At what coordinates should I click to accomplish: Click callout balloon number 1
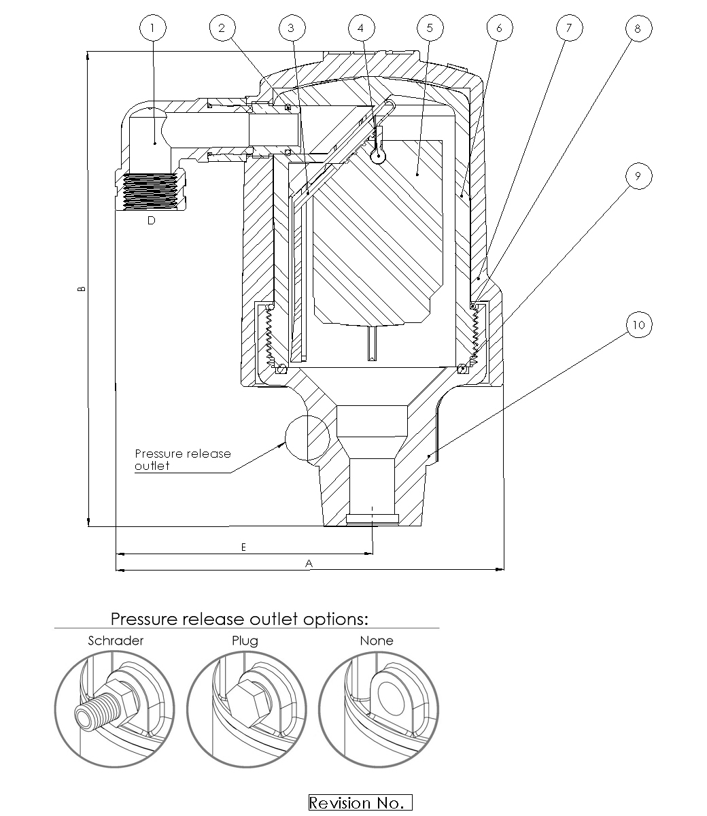coord(152,28)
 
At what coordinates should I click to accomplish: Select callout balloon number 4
coord(361,28)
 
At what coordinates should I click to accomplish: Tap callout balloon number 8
coord(638,28)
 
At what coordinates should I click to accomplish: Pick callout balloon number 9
coord(638,176)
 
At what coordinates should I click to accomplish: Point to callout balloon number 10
coord(638,325)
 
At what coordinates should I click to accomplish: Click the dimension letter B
coord(82,288)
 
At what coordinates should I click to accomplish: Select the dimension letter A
coord(309,563)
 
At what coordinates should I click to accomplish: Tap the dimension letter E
coord(243,547)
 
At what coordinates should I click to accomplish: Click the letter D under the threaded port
coord(151,220)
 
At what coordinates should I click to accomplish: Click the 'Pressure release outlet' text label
coord(182,460)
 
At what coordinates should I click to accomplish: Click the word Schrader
coord(116,641)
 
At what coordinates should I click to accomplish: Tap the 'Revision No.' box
coord(360,803)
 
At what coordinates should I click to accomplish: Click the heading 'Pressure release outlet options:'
coord(239,619)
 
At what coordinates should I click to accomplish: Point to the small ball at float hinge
coord(378,156)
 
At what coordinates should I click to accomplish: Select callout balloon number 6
coord(500,28)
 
